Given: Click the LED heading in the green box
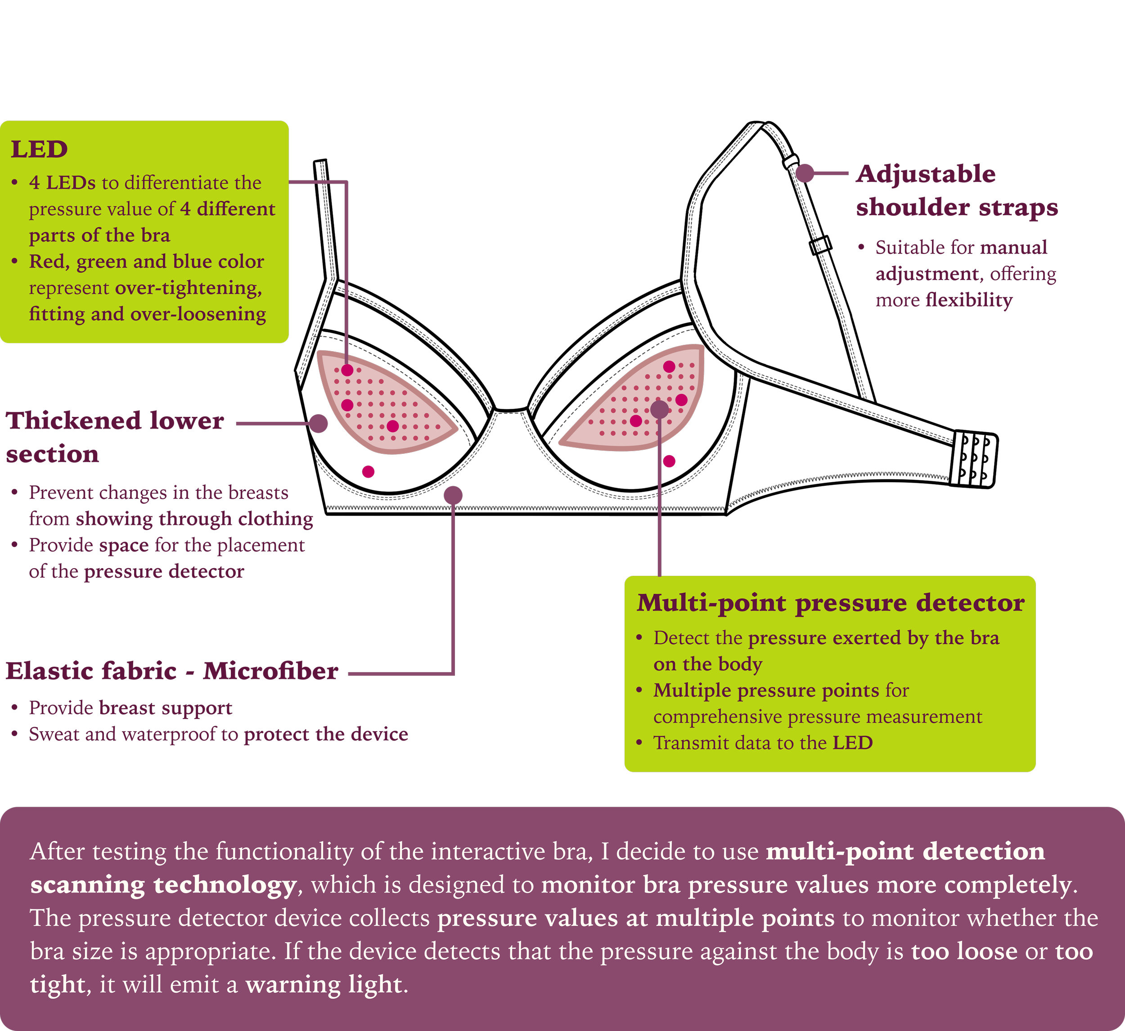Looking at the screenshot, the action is pos(39,149).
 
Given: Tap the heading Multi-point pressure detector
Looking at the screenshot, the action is pos(830,603).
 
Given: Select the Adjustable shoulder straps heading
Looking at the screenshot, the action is pos(956,190).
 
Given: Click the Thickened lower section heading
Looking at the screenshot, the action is pos(114,437).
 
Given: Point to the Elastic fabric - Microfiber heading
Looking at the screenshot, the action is pos(172,671).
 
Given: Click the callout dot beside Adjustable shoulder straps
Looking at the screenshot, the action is pos(805,173).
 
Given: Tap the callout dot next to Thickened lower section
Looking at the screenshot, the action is pos(318,423).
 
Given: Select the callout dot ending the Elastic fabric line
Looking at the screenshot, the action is pos(453,495).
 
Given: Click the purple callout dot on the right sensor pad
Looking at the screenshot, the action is pos(660,409).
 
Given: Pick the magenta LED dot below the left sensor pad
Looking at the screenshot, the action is pos(368,472).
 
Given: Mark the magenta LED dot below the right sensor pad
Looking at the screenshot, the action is pos(669,461).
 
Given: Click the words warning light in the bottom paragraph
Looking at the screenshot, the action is pos(324,984).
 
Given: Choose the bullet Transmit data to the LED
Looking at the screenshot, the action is pos(762,742).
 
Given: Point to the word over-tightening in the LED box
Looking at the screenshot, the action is pos(188,288).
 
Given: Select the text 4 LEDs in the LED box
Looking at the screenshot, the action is pos(62,182).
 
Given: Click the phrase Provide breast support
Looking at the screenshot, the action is pos(130,708).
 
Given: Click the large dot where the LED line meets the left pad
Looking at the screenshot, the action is pos(347,370).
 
